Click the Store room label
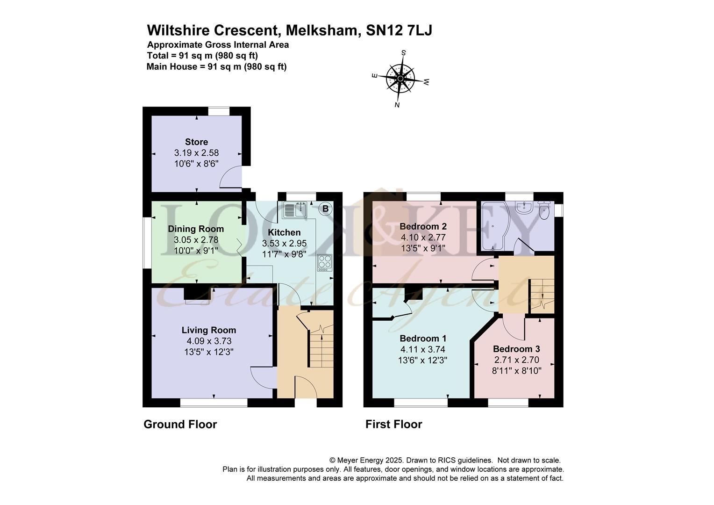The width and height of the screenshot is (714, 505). (x=196, y=142)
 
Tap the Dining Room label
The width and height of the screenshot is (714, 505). (x=196, y=229)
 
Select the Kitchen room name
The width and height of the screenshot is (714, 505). (x=284, y=232)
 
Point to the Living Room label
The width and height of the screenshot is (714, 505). (x=209, y=330)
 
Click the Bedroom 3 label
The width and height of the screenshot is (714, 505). (x=516, y=349)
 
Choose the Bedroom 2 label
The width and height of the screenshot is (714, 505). (x=423, y=226)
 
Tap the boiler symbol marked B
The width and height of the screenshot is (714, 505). (x=325, y=209)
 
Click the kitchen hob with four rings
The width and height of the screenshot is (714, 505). (x=325, y=262)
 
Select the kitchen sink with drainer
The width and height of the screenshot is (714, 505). (x=294, y=209)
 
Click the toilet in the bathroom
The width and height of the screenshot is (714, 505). (x=544, y=210)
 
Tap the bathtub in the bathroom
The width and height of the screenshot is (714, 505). (x=495, y=226)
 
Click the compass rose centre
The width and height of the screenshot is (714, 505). (x=400, y=79)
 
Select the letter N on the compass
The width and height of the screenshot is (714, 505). (x=397, y=105)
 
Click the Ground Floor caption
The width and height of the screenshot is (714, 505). (x=180, y=424)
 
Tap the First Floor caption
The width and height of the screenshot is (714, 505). (x=393, y=424)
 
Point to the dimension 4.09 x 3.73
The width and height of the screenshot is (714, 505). (x=209, y=341)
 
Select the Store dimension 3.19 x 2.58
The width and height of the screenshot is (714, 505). (x=196, y=153)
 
